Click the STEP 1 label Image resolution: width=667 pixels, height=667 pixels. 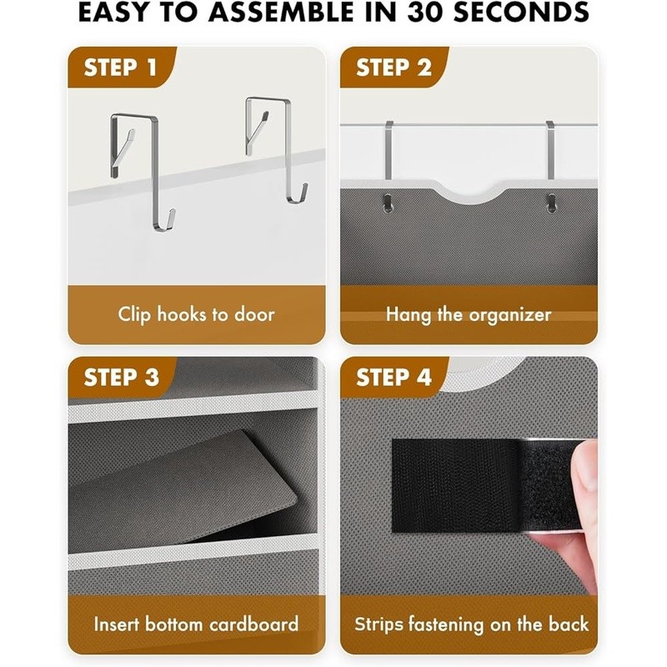(120, 68)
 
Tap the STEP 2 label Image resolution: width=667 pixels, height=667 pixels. (394, 68)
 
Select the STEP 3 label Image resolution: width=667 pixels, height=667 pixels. (121, 377)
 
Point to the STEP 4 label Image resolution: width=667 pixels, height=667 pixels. (394, 377)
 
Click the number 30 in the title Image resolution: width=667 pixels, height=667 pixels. (425, 13)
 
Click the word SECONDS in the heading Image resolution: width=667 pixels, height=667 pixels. (521, 13)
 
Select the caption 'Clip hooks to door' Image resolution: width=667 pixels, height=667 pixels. (196, 315)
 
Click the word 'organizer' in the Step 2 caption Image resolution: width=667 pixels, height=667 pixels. (510, 316)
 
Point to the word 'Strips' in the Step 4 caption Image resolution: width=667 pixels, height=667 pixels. (379, 624)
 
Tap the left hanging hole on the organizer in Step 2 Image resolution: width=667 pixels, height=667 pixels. (387, 203)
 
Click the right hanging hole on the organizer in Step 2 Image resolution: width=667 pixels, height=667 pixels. (551, 203)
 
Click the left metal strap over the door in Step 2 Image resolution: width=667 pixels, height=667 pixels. (389, 150)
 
